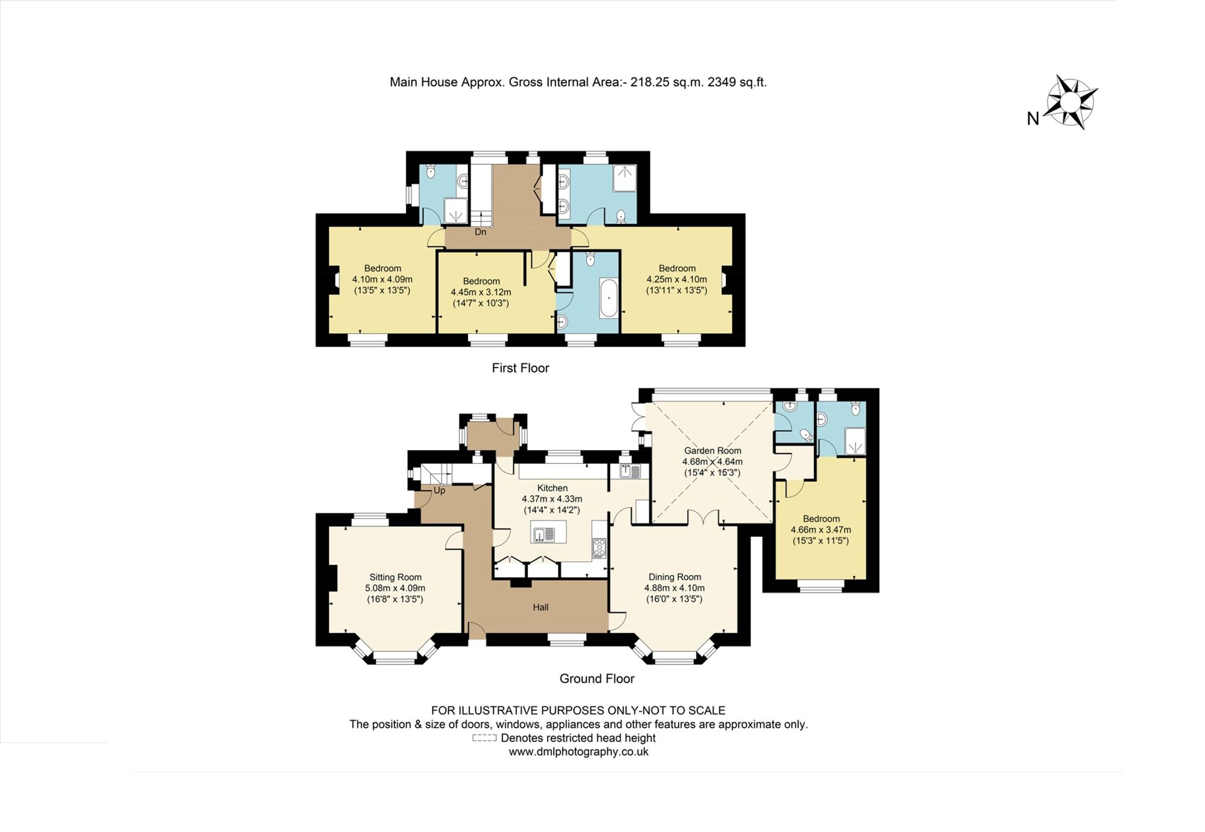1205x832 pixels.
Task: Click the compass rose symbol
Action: [x=1072, y=102]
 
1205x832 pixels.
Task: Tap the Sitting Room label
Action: [x=395, y=577]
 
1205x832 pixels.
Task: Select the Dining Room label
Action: [x=675, y=577]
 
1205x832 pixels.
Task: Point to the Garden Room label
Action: [x=712, y=451]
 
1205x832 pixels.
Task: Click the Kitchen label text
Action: [x=552, y=488]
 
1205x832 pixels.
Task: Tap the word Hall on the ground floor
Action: [x=540, y=607]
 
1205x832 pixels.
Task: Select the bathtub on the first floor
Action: [x=609, y=298]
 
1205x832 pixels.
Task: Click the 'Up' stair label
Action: [x=440, y=490]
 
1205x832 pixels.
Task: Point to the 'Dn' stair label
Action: [x=480, y=232]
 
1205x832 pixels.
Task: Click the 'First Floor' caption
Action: [x=521, y=368]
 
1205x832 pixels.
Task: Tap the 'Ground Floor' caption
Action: [x=597, y=679]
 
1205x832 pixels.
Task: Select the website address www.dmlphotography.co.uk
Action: [x=578, y=752]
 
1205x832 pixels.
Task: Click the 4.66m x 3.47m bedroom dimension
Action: [x=821, y=530]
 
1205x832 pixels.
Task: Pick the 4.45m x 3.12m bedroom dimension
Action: [x=481, y=292]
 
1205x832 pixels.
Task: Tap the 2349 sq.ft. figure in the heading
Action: [x=737, y=82]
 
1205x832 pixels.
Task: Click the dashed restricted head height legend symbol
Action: [x=484, y=738]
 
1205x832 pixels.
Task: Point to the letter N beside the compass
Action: [x=1033, y=119]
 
